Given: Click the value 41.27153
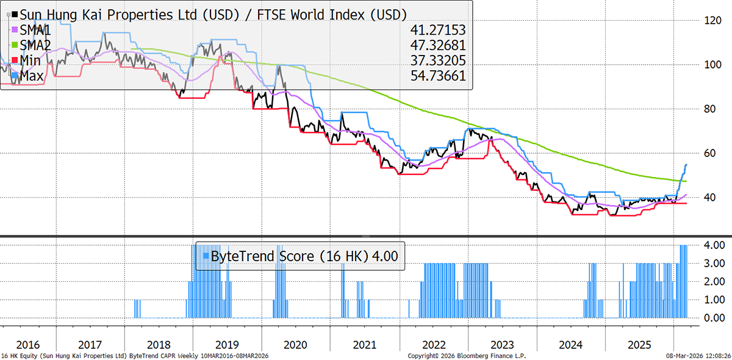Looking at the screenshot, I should pyautogui.click(x=436, y=30).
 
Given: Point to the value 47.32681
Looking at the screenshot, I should pyautogui.click(x=436, y=45).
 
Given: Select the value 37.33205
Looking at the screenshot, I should pyautogui.click(x=436, y=60).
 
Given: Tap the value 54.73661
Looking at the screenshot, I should pyautogui.click(x=436, y=76).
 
